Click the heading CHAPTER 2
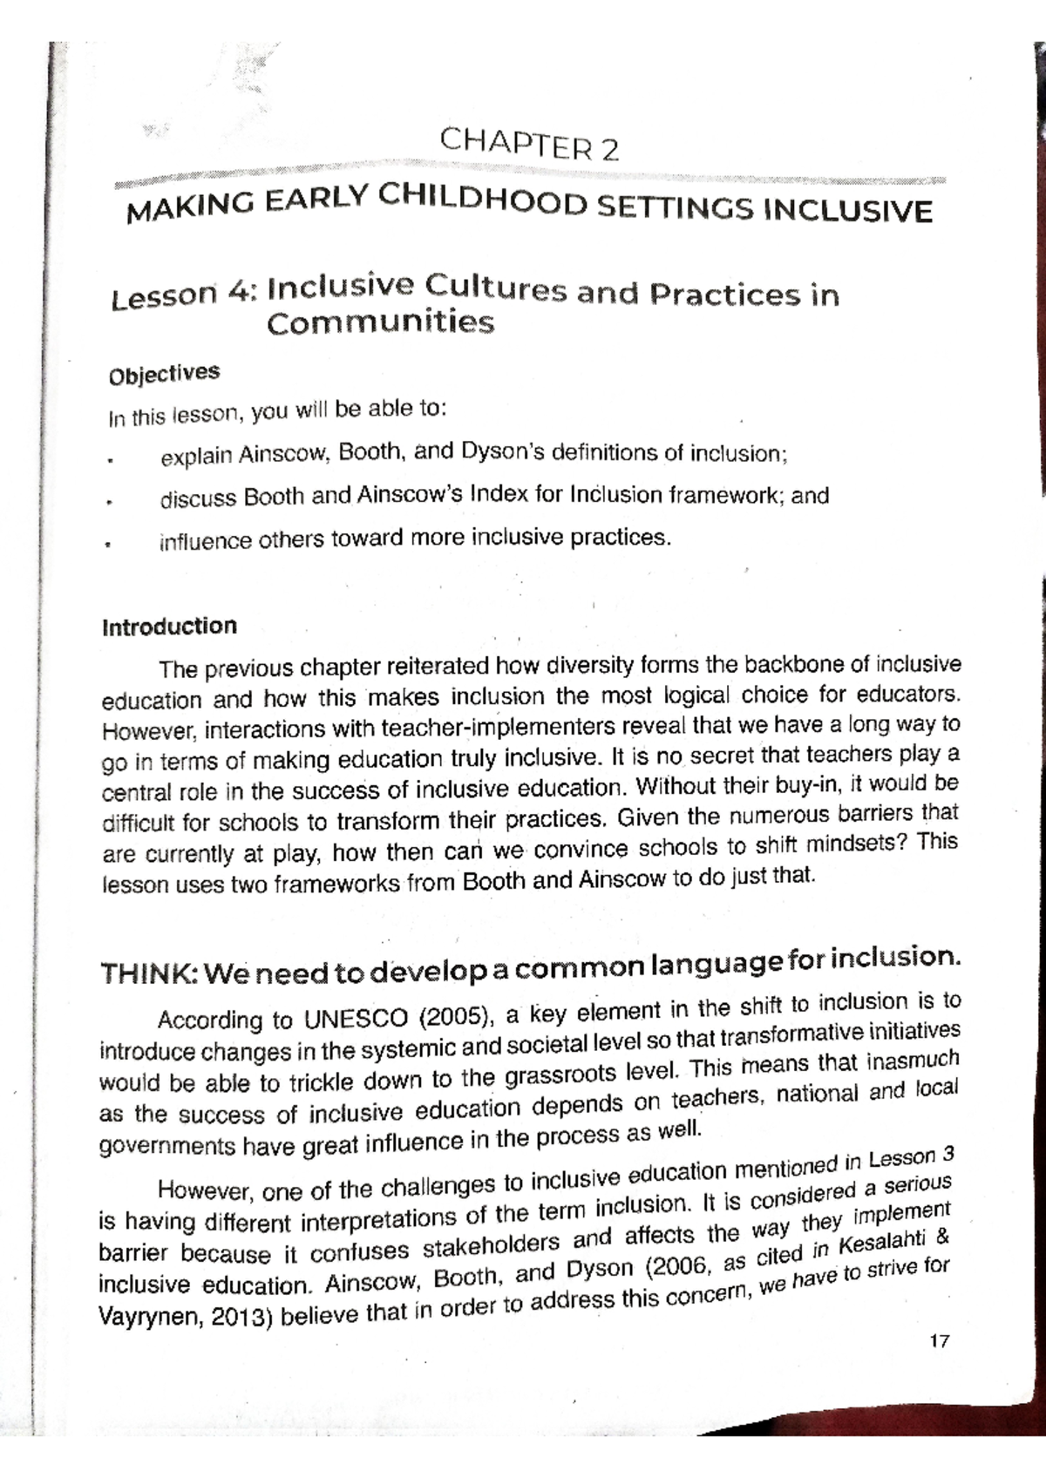(529, 145)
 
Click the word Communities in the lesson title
(380, 323)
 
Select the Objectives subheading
(163, 374)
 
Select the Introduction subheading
(169, 627)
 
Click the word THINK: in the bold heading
(149, 973)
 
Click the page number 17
(939, 1341)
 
